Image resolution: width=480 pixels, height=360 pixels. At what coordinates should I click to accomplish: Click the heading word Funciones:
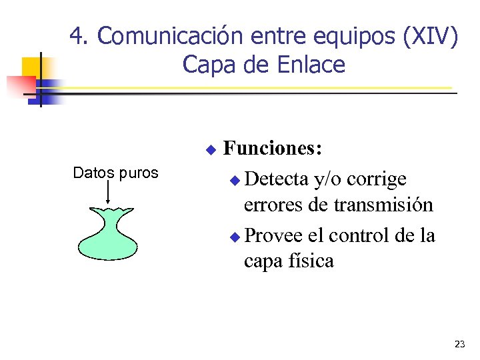pos(273,148)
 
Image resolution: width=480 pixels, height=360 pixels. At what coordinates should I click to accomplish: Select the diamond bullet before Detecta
pos(233,181)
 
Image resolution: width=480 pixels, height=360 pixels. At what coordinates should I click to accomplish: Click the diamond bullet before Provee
pos(233,237)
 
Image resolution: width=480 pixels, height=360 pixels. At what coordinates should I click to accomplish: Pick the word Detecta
pos(275,179)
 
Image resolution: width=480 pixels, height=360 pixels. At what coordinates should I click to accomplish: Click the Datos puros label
pos(115,173)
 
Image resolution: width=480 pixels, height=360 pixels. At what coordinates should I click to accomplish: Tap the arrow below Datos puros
pos(107,193)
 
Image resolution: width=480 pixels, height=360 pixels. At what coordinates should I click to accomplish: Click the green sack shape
pos(107,233)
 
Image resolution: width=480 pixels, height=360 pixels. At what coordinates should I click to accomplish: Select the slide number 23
pos(459,344)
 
